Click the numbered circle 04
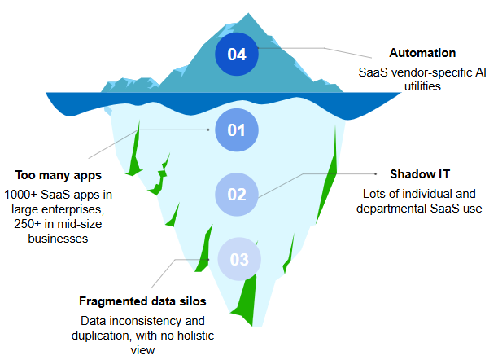click(x=237, y=55)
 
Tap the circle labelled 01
click(x=237, y=130)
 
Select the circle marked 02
click(x=237, y=195)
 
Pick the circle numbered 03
click(x=239, y=260)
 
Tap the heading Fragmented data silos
click(x=142, y=301)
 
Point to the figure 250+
click(x=21, y=224)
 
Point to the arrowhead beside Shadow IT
click(x=377, y=173)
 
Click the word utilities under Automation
click(x=422, y=86)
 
